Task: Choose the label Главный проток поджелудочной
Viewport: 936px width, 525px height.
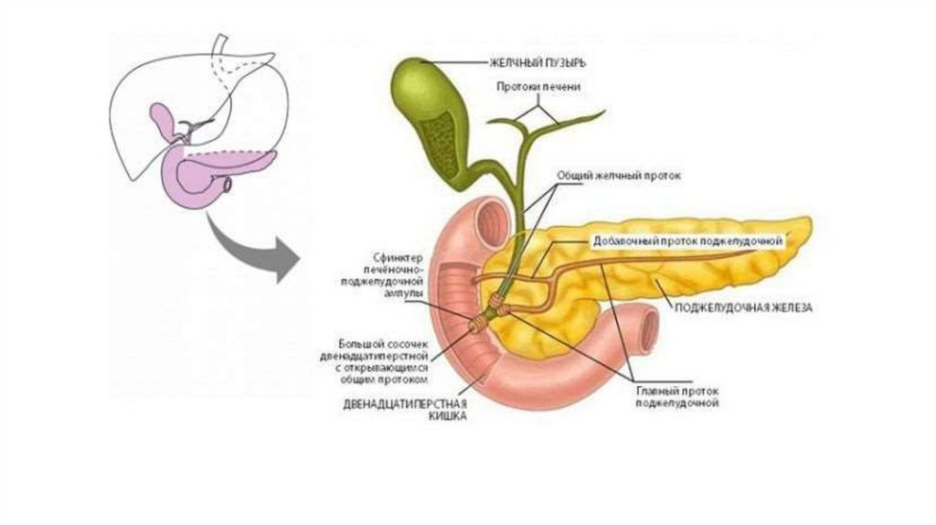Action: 677,396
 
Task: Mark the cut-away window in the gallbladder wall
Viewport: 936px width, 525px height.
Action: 447,137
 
